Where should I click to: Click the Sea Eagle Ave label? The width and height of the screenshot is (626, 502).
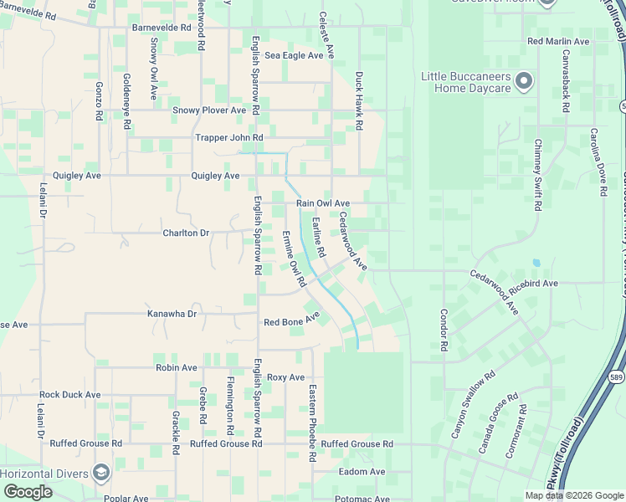pyautogui.click(x=294, y=55)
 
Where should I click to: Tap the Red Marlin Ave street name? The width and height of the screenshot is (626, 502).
pyautogui.click(x=558, y=41)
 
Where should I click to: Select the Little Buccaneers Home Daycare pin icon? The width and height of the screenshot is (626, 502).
pyautogui.click(x=524, y=81)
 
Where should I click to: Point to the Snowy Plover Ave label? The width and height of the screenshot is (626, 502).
pyautogui.click(x=209, y=110)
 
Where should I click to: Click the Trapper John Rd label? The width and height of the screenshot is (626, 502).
pyautogui.click(x=228, y=137)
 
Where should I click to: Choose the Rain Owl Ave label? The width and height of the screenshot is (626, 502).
pyautogui.click(x=323, y=203)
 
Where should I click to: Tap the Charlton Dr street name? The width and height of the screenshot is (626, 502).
pyautogui.click(x=186, y=233)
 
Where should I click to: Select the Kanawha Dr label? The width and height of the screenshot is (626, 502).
pyautogui.click(x=172, y=314)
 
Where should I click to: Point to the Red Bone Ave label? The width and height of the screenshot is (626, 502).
pyautogui.click(x=292, y=320)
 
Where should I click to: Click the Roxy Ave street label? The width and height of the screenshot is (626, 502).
pyautogui.click(x=286, y=377)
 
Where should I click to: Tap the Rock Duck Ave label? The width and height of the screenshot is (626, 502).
pyautogui.click(x=69, y=394)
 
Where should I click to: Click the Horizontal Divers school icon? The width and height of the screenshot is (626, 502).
pyautogui.click(x=101, y=473)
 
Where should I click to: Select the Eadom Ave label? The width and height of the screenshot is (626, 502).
pyautogui.click(x=362, y=472)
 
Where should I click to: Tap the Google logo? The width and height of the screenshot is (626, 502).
pyautogui.click(x=28, y=492)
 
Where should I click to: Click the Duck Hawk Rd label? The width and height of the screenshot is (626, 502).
pyautogui.click(x=359, y=100)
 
